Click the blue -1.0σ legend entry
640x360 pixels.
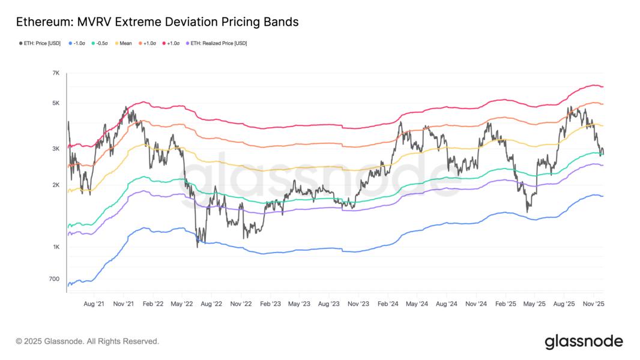coord(78,43)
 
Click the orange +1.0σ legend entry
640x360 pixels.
coord(148,43)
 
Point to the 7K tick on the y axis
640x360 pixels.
coord(56,73)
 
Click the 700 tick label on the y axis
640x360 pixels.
coord(55,279)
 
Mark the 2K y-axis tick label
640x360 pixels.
coord(56,185)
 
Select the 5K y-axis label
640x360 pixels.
coord(56,103)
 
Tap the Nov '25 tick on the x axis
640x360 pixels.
coord(593,304)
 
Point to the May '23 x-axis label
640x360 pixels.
coord(299,304)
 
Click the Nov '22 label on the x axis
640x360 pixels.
coord(240,304)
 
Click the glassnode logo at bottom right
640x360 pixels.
coord(584,342)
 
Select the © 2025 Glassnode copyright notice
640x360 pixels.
coord(88,341)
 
